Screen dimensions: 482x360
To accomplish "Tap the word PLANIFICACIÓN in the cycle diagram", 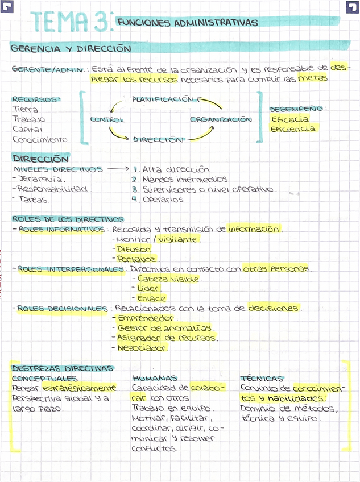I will click(163, 99).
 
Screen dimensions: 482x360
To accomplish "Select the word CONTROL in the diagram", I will click(107, 119).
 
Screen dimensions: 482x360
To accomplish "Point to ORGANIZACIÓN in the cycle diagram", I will click(221, 119).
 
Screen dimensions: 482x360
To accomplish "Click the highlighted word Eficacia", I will click(290, 119).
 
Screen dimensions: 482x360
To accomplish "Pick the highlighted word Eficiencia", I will click(292, 129).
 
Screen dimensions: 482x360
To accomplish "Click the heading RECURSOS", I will click(36, 99).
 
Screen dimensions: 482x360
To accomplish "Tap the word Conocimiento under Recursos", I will click(40, 139).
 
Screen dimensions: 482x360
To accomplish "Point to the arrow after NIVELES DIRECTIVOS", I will click(118, 169).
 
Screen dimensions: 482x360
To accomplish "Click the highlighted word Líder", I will click(148, 289).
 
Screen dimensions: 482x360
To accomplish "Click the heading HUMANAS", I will click(154, 378).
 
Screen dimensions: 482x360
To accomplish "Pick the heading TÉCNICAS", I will click(262, 378).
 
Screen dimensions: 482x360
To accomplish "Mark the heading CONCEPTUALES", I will click(44, 378).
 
